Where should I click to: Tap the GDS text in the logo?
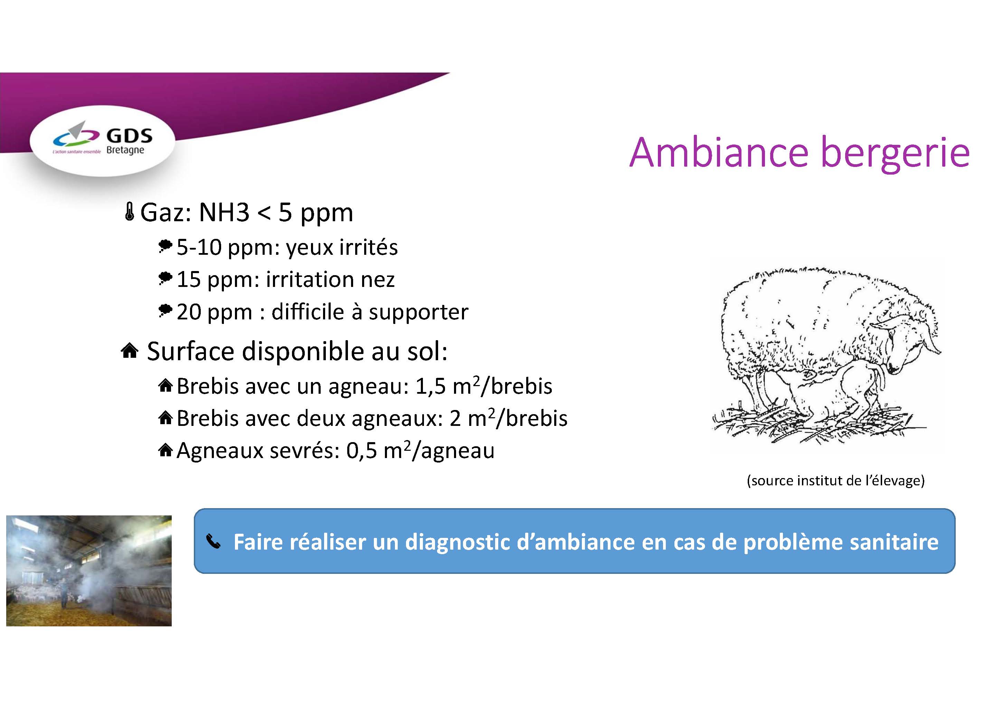point(130,136)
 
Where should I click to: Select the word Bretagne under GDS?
point(125,150)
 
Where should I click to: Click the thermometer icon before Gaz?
point(129,212)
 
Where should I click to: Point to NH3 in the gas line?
point(224,213)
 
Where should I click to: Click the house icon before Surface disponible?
point(130,351)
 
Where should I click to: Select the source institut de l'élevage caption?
point(836,481)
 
